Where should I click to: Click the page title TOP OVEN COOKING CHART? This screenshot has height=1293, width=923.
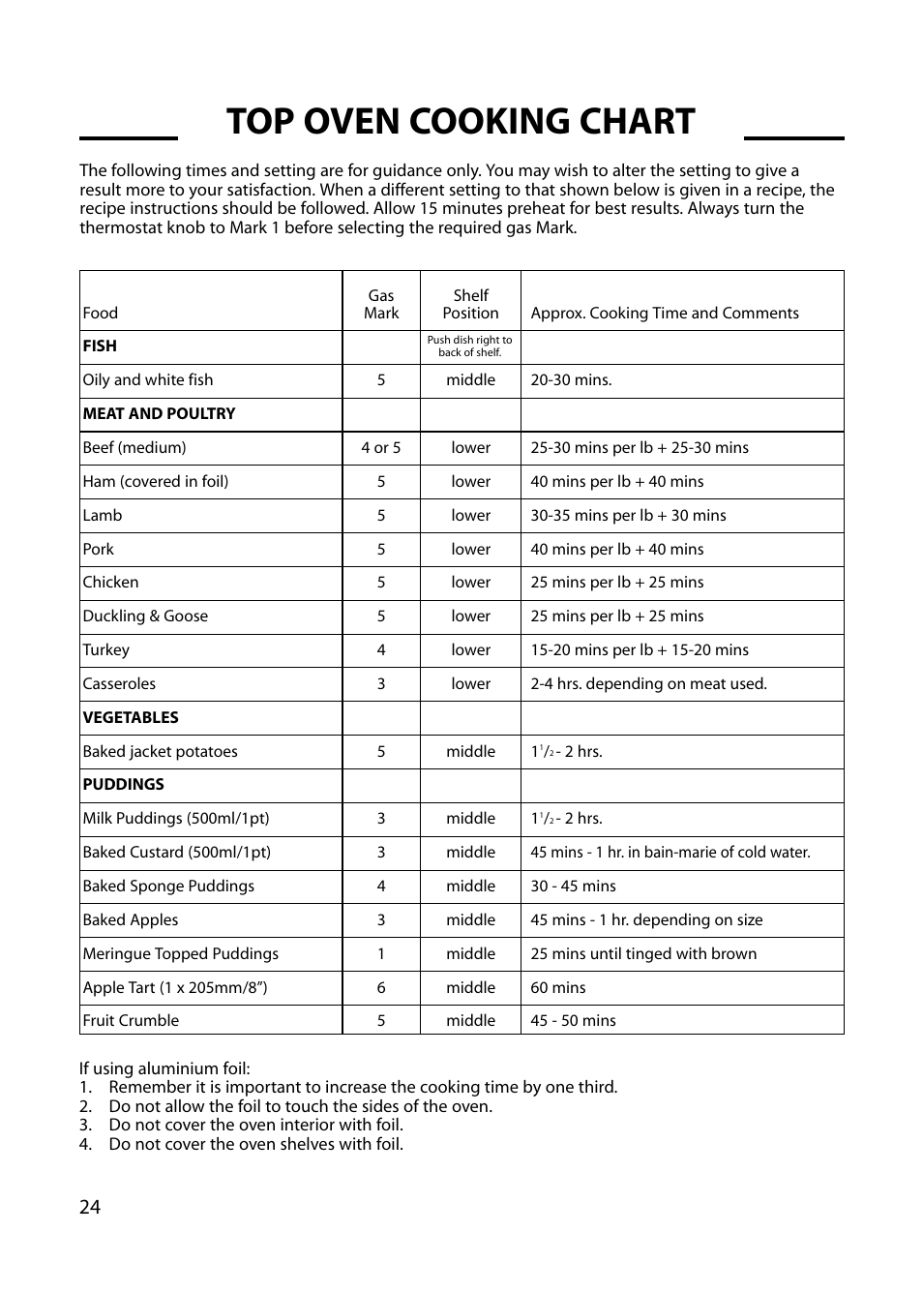click(x=461, y=122)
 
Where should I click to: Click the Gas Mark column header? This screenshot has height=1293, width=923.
click(x=381, y=304)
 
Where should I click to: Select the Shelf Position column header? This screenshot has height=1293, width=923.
click(x=470, y=304)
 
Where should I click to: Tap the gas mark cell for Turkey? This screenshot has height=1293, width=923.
click(x=381, y=650)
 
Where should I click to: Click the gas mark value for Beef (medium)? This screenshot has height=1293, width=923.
click(x=381, y=448)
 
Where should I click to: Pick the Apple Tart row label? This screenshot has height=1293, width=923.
click(x=175, y=987)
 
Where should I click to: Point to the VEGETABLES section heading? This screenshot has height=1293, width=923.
click(x=131, y=718)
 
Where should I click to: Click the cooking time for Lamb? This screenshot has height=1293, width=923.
click(x=628, y=516)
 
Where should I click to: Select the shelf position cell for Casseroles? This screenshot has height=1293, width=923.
click(x=470, y=684)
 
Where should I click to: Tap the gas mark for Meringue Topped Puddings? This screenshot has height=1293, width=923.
click(x=381, y=954)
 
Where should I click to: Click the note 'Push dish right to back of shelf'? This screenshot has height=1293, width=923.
click(x=470, y=346)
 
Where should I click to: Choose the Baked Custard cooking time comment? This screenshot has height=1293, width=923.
click(x=670, y=853)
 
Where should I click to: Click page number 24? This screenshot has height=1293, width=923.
click(x=90, y=1207)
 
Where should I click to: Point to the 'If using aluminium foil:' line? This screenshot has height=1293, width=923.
click(x=164, y=1068)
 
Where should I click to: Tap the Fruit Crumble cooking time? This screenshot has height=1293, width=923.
click(x=573, y=1021)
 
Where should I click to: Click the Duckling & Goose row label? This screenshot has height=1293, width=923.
click(x=145, y=616)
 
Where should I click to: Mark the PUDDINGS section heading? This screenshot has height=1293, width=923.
click(x=124, y=785)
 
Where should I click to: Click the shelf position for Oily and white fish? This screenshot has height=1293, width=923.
click(x=470, y=380)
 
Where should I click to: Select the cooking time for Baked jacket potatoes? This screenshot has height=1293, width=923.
click(x=566, y=752)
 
